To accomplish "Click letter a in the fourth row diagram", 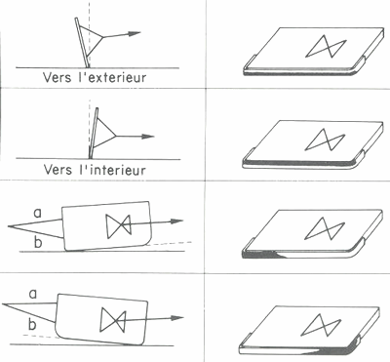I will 34,291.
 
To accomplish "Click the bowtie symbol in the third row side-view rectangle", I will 119,225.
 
